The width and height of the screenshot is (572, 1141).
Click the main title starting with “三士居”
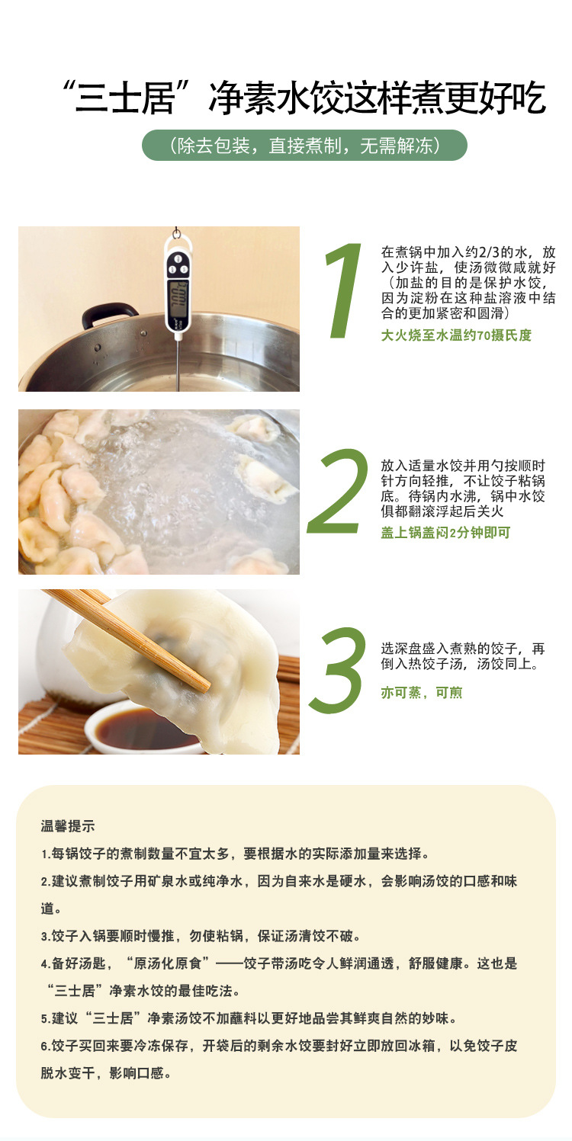tap(303, 98)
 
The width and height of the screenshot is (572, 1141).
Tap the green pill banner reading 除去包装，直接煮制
tap(304, 146)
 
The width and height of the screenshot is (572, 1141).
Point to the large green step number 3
tap(338, 669)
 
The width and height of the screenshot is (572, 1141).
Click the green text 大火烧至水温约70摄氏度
tap(456, 335)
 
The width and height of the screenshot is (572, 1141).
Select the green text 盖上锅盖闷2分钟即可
tap(445, 532)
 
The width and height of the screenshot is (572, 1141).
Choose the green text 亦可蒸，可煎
tap(421, 692)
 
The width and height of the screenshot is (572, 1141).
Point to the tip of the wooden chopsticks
tap(206, 686)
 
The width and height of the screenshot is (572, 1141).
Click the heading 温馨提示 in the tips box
tap(68, 826)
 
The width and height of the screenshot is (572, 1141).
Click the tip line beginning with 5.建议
tap(249, 1019)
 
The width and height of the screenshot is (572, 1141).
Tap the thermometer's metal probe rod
tap(178, 364)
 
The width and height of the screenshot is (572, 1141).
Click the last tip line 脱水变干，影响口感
tap(106, 1074)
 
